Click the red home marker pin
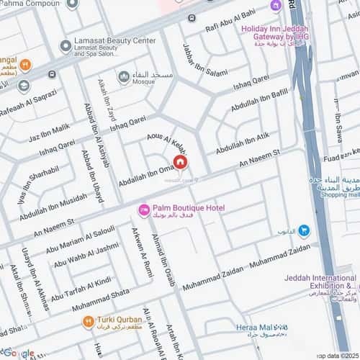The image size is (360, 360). (179, 162)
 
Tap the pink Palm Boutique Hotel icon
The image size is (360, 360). (144, 209)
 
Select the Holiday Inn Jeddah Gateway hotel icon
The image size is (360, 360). (276, 7)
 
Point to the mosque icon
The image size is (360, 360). (125, 76)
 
